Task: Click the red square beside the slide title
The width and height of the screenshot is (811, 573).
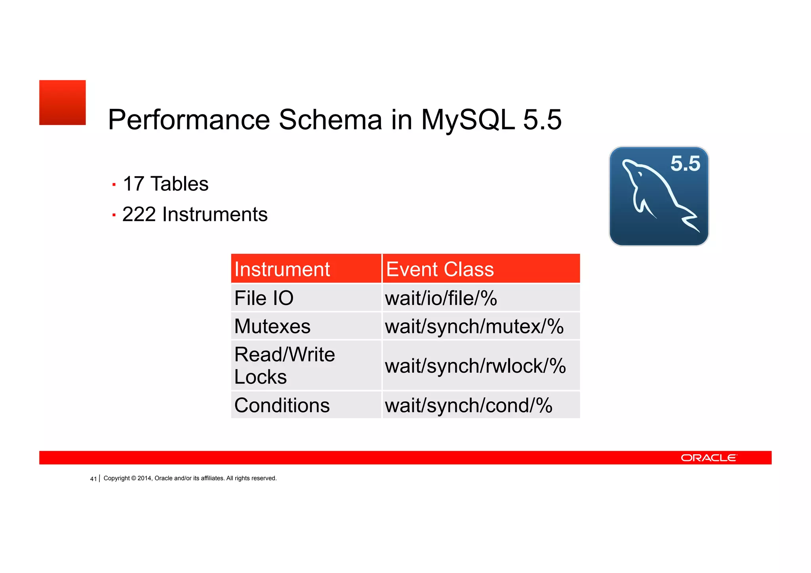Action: pos(62,103)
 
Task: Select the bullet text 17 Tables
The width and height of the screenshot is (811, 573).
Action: pos(166,184)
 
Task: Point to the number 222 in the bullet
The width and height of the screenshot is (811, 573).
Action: pos(139,214)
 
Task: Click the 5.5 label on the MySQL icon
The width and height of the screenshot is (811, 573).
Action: pos(685,164)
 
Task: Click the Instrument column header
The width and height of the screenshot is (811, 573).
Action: pos(282,269)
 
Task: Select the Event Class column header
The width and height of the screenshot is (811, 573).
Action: pos(440,269)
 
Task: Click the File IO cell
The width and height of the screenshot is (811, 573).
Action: pos(264,298)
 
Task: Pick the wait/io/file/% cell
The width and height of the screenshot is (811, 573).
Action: pos(441,298)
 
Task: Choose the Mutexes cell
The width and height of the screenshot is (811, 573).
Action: pos(272,326)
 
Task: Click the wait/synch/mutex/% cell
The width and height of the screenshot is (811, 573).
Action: pos(474,326)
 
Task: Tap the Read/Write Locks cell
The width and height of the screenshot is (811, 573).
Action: pos(284,365)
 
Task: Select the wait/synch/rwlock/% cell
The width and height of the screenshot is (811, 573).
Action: pos(475,366)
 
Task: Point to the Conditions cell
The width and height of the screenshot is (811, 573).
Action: pos(282,405)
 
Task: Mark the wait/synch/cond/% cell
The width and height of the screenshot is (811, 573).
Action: pos(468,405)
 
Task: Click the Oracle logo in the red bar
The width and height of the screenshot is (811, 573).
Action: pos(708,458)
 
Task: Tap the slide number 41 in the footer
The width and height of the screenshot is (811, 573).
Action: pos(93,479)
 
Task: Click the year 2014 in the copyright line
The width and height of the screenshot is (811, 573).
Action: pos(144,478)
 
